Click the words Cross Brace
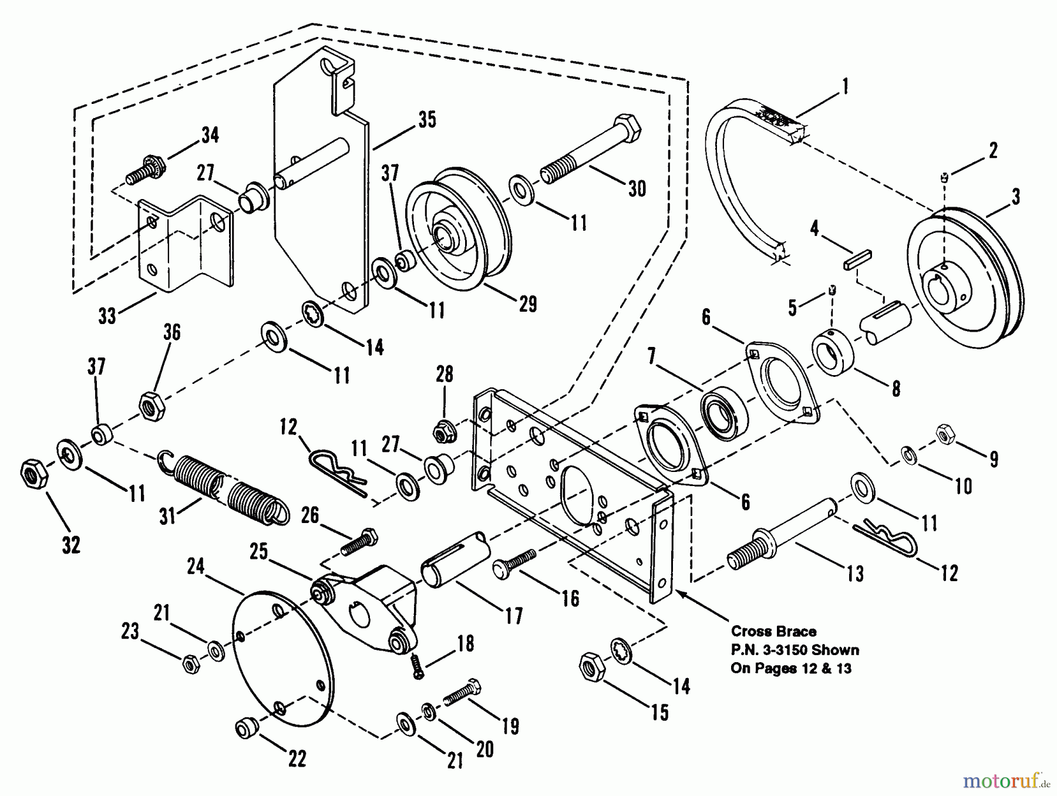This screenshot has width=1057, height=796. (x=773, y=632)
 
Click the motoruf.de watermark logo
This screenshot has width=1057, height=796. (x=1005, y=781)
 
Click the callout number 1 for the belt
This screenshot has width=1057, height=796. (x=844, y=87)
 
